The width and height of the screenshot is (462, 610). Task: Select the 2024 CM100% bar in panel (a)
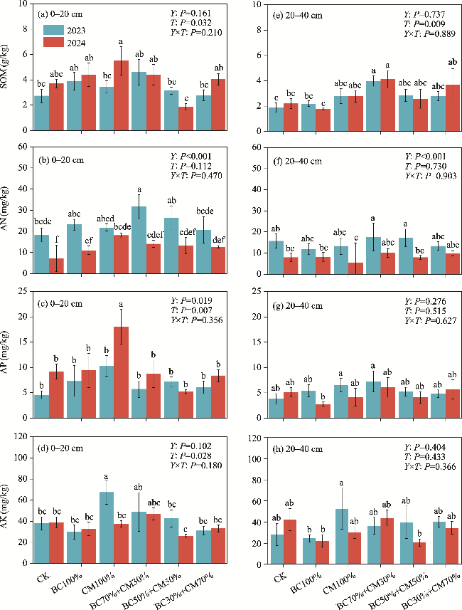[x=121, y=95]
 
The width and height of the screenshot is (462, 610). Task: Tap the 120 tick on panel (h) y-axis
[x=246, y=436]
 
